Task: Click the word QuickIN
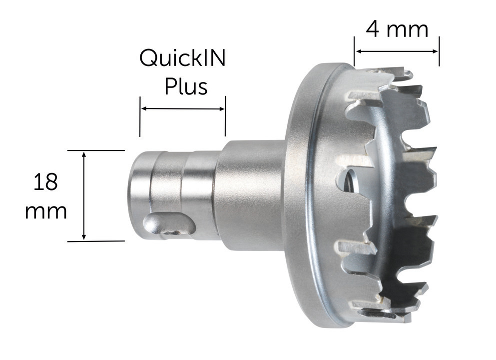pos(182,59)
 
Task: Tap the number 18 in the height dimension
pos(46,182)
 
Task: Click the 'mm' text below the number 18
pos(46,211)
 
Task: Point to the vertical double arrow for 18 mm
pos(84,195)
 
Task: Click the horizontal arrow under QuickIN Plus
pos(182,108)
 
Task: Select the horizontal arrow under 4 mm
pos(397,50)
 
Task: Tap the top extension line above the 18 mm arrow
pos(95,150)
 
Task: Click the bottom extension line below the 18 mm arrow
pos(95,241)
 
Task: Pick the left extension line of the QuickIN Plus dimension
pos(140,117)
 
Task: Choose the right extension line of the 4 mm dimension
pos(439,51)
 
